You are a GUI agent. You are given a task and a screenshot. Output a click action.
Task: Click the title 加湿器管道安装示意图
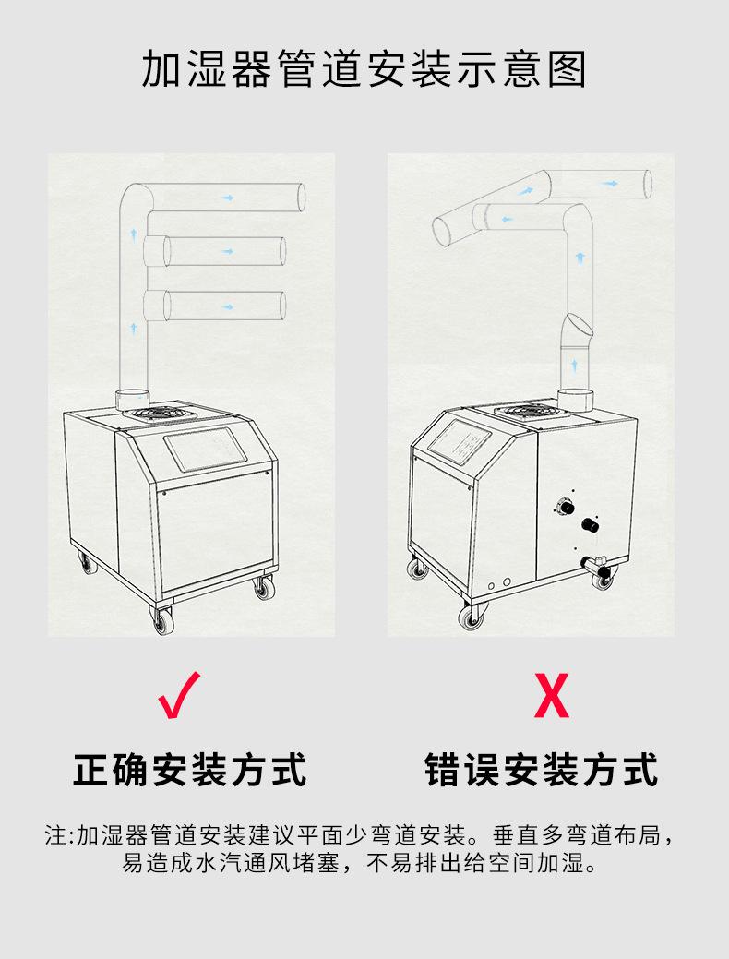364,70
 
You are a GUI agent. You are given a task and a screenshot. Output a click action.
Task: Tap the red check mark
181,696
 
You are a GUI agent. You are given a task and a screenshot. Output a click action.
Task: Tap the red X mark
552,698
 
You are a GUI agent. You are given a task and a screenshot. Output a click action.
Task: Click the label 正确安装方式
190,769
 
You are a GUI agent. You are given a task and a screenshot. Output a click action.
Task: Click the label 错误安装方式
542,769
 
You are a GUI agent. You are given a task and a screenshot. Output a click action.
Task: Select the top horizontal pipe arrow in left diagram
227,198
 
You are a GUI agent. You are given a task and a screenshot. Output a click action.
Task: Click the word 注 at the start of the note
55,837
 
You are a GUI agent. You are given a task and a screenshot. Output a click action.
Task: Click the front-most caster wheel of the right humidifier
472,616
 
